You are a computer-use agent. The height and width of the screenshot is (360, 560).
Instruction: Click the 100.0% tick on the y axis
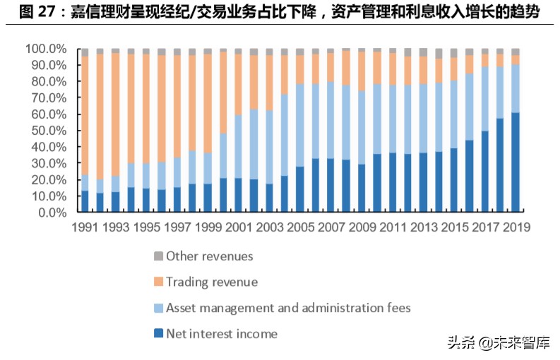pyautogui.click(x=47, y=49)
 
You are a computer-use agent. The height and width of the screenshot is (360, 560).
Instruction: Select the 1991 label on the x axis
pyautogui.click(x=85, y=227)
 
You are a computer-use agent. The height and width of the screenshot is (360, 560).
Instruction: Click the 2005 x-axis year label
pyautogui.click(x=300, y=227)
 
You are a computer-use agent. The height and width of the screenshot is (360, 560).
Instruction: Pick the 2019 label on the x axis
pyautogui.click(x=516, y=227)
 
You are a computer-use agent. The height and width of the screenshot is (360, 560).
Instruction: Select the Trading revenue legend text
pyautogui.click(x=212, y=282)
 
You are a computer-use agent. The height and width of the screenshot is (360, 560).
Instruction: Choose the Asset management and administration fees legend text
pyautogui.click(x=288, y=308)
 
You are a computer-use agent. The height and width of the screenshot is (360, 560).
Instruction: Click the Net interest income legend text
pyautogui.click(x=222, y=334)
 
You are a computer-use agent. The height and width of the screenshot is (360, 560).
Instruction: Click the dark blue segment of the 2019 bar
pyautogui.click(x=516, y=162)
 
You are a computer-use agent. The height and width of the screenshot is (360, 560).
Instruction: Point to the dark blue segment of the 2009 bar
pyautogui.click(x=362, y=188)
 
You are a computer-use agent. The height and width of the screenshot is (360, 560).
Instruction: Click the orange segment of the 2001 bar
pyautogui.click(x=239, y=85)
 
